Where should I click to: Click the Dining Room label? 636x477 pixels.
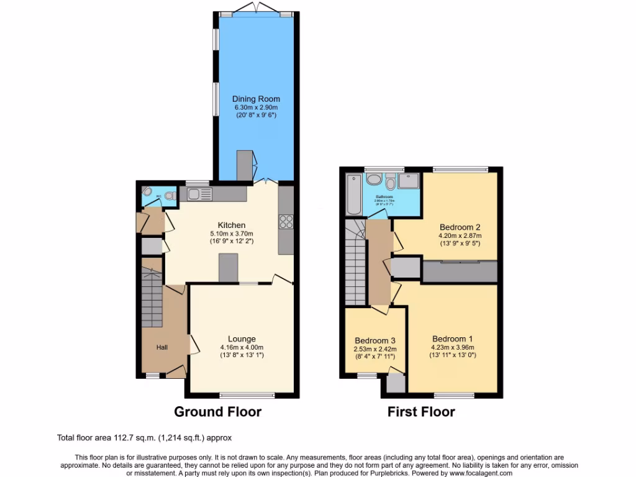click(256, 99)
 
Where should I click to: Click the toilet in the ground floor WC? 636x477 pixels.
click(168, 195)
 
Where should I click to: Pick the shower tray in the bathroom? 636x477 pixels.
click(409, 181)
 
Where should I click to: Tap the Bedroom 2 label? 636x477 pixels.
click(460, 227)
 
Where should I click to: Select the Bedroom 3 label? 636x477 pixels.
click(375, 340)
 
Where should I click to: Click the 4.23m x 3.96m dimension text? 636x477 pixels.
click(460, 348)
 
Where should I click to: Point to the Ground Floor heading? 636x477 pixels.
click(217, 411)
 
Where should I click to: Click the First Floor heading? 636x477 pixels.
click(421, 411)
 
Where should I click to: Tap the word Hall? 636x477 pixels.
click(161, 347)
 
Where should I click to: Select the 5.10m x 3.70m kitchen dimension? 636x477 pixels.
click(232, 234)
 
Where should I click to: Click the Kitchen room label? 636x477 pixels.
click(231, 225)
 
